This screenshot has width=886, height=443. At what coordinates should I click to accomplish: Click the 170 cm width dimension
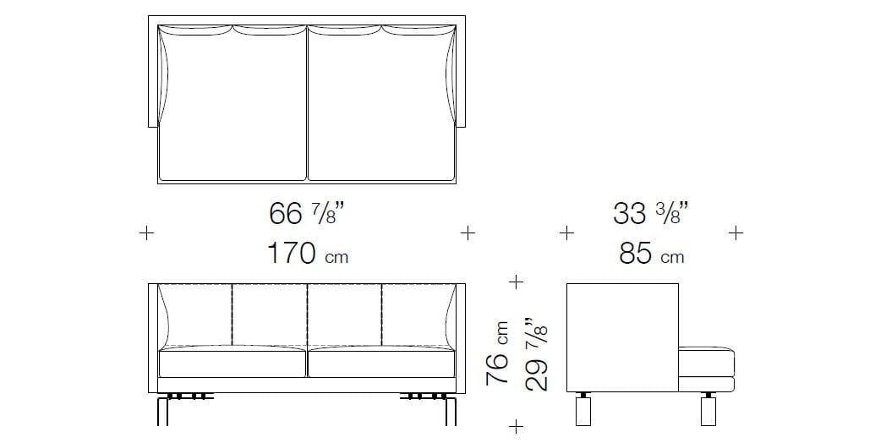(x=308, y=254)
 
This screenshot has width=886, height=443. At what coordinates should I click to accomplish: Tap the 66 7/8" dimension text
(x=306, y=214)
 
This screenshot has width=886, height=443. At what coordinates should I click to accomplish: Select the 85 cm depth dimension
(x=651, y=254)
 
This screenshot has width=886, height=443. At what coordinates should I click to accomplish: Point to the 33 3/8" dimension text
(x=650, y=214)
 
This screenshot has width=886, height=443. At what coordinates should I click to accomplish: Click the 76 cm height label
(x=496, y=353)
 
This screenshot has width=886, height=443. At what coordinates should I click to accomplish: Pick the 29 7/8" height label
(x=536, y=354)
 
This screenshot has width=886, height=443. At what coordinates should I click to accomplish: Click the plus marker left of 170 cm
(x=146, y=232)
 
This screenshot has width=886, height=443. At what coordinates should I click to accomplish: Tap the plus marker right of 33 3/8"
(x=736, y=232)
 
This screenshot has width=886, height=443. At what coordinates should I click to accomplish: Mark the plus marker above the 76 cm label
(x=516, y=282)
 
